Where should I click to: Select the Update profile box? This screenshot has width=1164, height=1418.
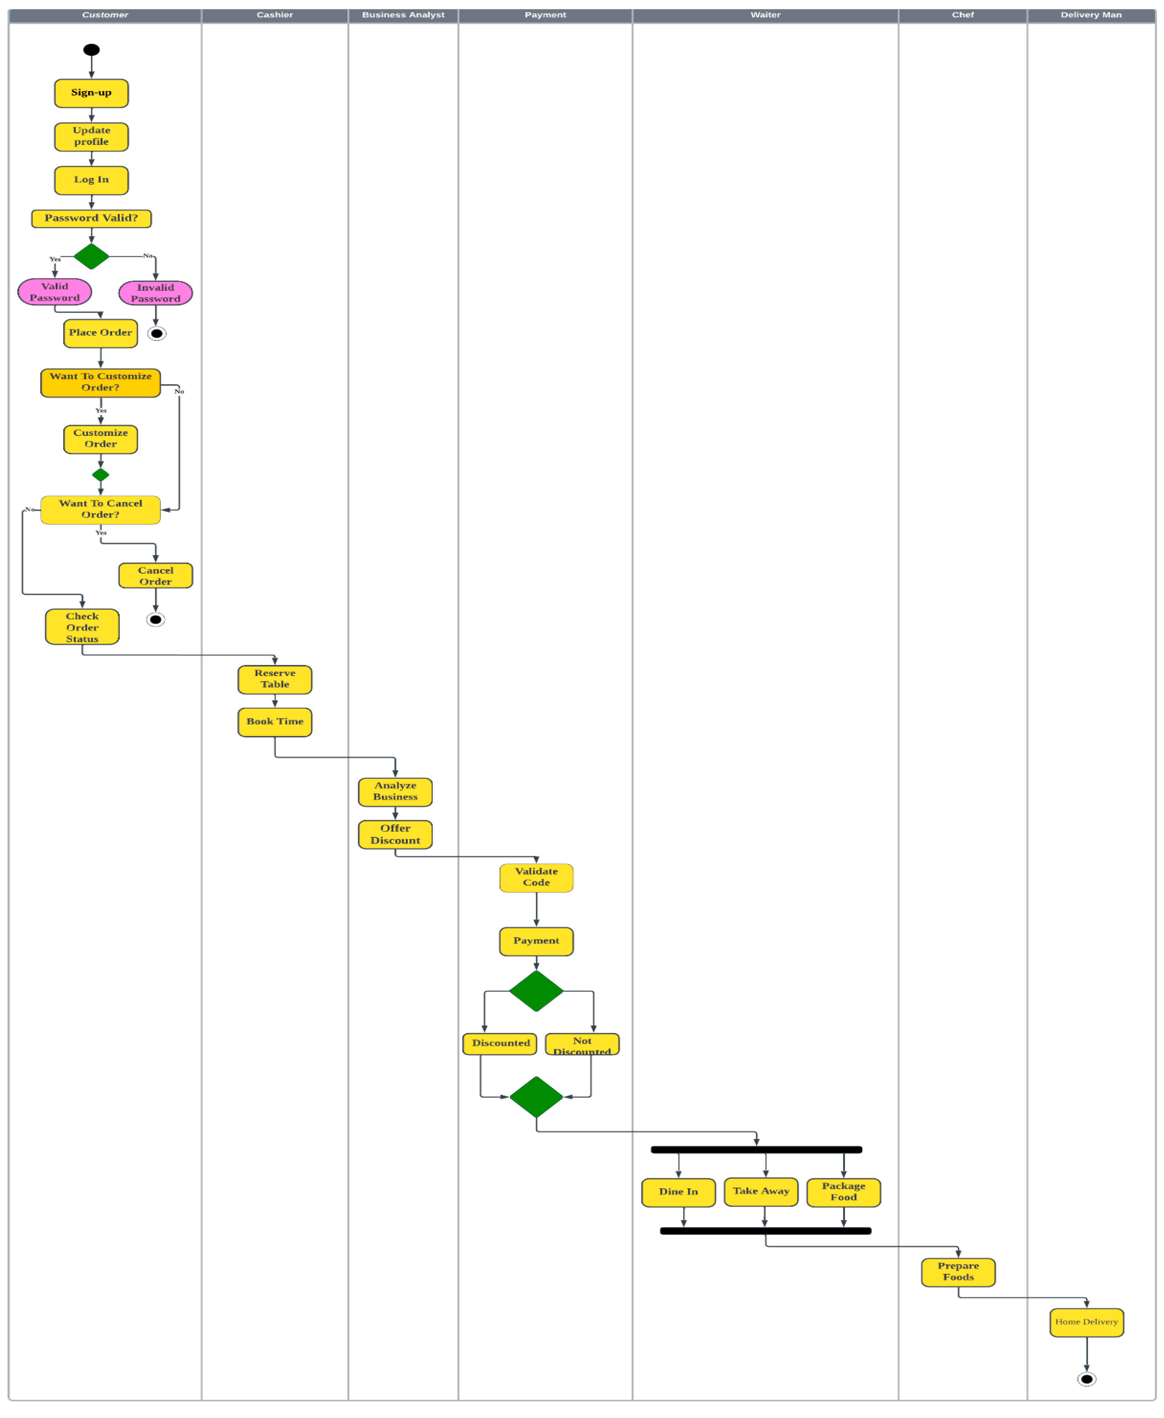[x=91, y=137]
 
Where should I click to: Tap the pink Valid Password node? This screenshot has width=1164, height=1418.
[x=54, y=292]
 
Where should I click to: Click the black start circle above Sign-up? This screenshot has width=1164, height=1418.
[x=91, y=50]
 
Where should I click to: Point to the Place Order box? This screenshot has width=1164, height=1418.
[x=101, y=333]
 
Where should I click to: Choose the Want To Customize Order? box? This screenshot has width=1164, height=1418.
[x=101, y=383]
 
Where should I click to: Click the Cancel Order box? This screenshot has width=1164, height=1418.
[x=156, y=575]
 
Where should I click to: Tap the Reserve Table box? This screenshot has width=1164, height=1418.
[x=275, y=679]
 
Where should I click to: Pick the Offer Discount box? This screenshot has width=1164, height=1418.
[x=395, y=835]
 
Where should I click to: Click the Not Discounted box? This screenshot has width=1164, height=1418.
[x=582, y=1045]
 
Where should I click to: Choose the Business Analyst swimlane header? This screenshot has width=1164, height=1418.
[x=403, y=15]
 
